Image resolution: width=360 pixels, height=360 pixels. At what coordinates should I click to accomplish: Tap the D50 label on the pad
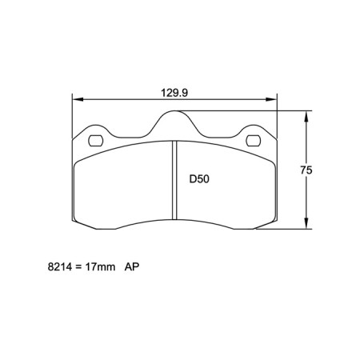(199, 179)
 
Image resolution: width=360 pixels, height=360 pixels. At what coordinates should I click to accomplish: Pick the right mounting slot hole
(254, 142)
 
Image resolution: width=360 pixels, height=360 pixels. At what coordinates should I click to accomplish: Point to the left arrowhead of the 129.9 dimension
(77, 100)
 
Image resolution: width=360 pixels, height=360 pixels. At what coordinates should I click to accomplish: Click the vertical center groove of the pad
(174, 180)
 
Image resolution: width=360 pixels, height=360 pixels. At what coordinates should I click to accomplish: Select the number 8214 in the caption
(59, 270)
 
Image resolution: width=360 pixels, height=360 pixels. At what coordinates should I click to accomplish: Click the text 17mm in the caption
(100, 270)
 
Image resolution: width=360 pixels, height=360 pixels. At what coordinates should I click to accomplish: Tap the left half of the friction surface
(124, 188)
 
